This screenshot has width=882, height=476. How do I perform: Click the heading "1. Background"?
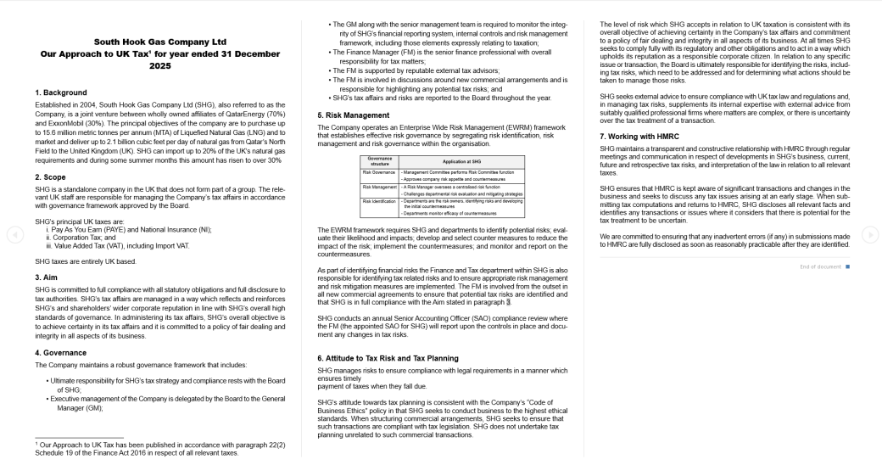(x=61, y=92)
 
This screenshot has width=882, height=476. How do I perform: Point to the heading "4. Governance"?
(x=62, y=352)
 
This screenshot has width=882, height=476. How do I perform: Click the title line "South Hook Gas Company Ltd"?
(x=159, y=41)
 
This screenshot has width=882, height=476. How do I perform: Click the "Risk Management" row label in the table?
(x=375, y=186)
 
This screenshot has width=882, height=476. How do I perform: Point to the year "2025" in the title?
(x=159, y=65)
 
